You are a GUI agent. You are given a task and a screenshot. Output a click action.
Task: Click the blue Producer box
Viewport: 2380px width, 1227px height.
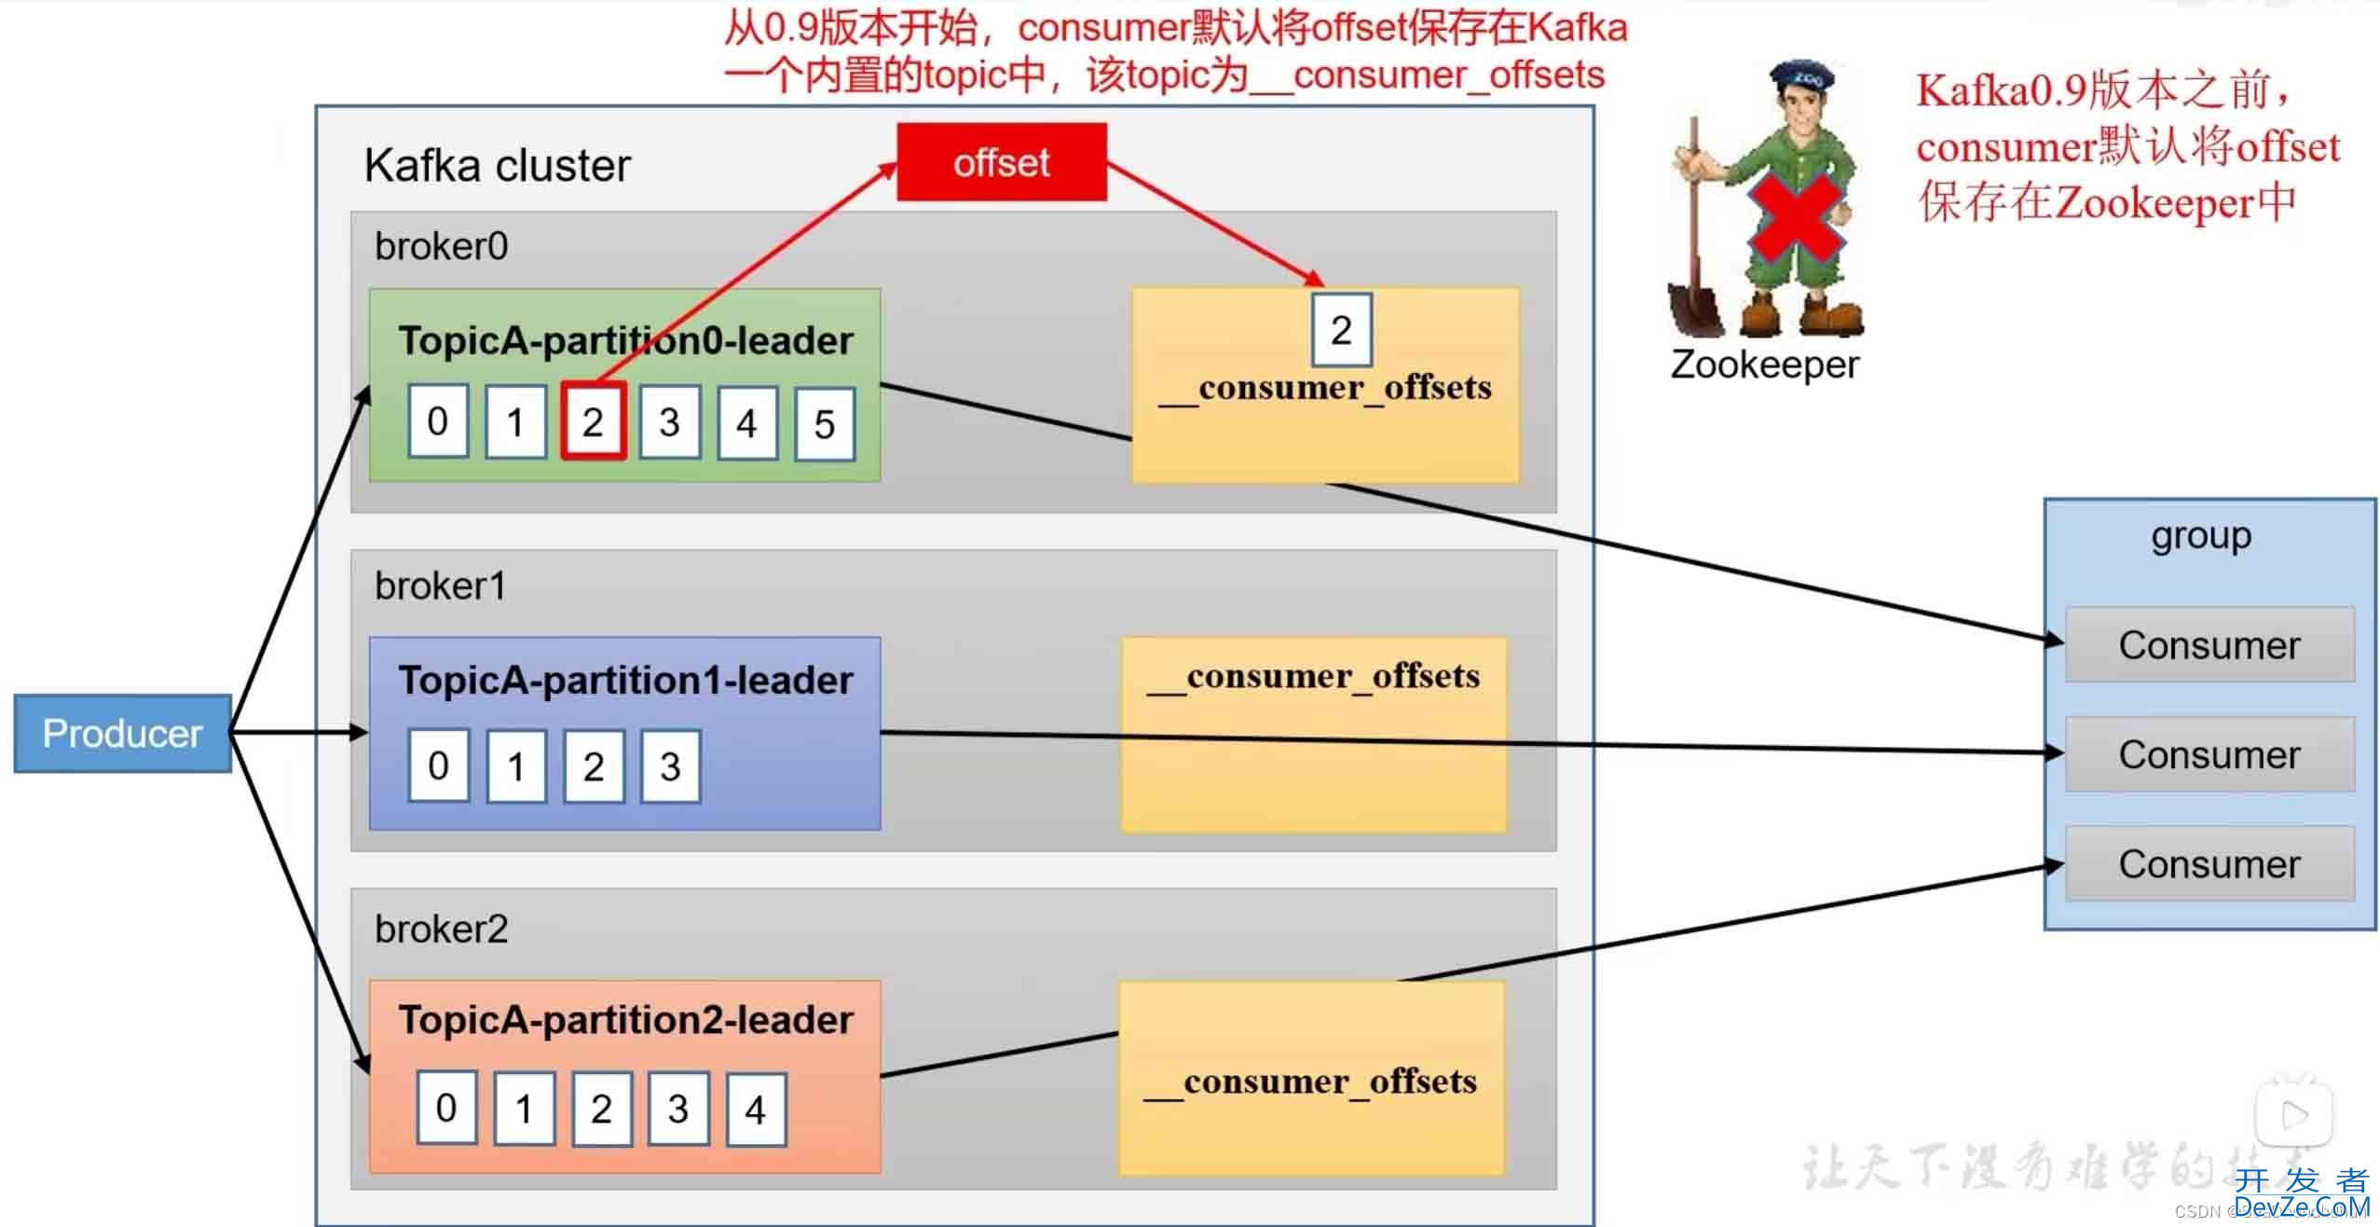pos(122,733)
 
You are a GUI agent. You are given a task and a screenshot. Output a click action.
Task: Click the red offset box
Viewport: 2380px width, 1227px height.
pos(1002,162)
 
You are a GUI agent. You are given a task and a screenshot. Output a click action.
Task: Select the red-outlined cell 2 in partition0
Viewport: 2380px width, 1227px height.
pos(593,421)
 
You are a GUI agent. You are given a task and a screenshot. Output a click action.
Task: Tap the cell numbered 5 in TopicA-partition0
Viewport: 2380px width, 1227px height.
pos(825,424)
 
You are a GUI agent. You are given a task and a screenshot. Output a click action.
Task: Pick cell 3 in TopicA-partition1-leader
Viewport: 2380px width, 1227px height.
pos(670,766)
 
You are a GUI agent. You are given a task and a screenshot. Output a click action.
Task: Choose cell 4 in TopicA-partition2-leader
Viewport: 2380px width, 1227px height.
pos(756,1109)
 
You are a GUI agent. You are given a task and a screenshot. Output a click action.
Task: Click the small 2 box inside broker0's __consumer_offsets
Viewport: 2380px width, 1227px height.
pos(1341,330)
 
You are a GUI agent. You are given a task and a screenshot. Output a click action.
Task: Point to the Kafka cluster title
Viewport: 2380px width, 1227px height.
pos(497,166)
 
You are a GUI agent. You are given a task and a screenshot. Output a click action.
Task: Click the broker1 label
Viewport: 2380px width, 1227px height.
pos(440,586)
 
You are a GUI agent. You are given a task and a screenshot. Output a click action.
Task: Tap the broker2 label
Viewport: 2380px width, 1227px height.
pos(441,930)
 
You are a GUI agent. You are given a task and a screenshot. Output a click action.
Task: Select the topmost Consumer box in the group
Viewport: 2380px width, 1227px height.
pos(2209,645)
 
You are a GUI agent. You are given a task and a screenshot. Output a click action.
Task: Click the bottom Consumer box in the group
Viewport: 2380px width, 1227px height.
pos(2209,864)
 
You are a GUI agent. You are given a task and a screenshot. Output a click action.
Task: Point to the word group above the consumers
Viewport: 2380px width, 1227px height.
pos(2201,536)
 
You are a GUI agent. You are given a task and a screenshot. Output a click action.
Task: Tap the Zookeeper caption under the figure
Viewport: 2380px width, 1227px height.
pos(1764,365)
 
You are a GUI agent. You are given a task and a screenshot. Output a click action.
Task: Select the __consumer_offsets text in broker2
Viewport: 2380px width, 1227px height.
pos(1310,1082)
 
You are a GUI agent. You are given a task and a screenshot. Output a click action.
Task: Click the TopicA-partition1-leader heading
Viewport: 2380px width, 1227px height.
pos(625,681)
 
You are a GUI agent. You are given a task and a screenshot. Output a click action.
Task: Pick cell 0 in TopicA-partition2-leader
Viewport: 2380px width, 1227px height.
pos(446,1108)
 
